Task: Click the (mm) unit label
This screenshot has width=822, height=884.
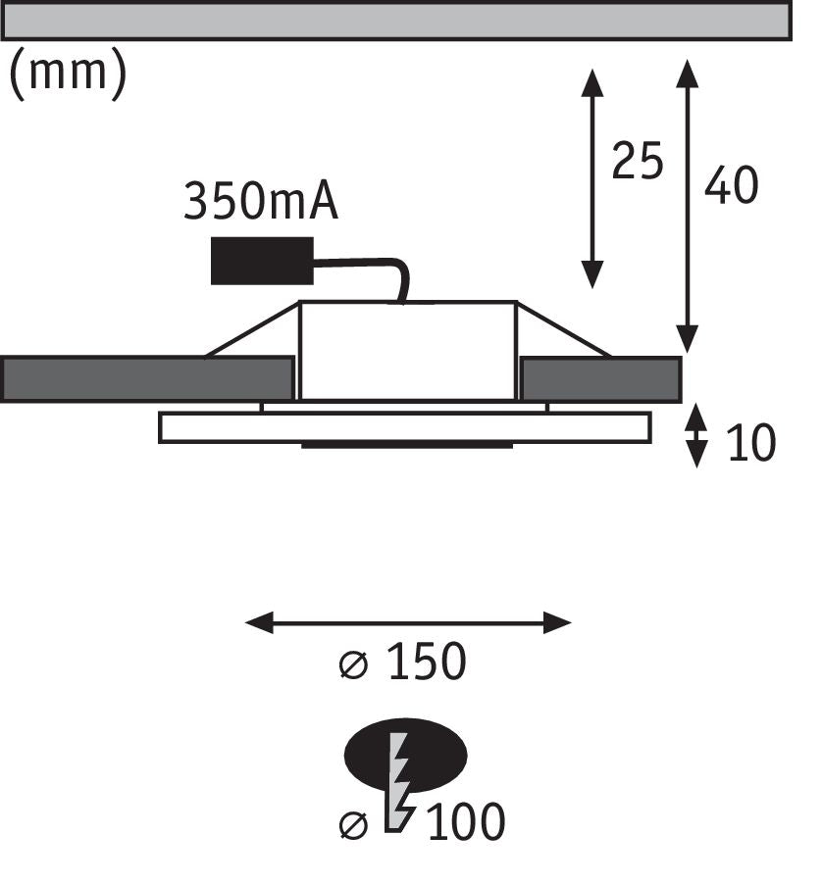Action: [69, 74]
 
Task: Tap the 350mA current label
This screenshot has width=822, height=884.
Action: [261, 201]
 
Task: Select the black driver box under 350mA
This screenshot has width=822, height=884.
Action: [262, 261]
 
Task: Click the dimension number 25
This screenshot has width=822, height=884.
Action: [638, 162]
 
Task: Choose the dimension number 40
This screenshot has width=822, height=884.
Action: [731, 185]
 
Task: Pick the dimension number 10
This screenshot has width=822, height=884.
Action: [751, 443]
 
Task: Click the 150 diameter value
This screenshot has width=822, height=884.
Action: [427, 661]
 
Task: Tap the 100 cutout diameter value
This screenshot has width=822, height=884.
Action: [466, 821]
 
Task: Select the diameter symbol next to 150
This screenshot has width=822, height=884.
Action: [354, 664]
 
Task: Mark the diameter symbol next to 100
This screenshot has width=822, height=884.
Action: [354, 825]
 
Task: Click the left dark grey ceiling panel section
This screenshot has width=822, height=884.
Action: [147, 379]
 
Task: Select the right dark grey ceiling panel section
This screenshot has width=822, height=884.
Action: [601, 379]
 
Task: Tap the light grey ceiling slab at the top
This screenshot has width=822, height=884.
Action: [396, 21]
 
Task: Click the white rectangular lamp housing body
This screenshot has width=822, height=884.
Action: [408, 351]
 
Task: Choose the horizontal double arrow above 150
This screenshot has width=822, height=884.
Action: [408, 622]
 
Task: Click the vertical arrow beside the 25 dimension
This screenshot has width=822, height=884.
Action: [592, 178]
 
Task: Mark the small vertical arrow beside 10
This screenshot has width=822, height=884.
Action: [696, 435]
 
